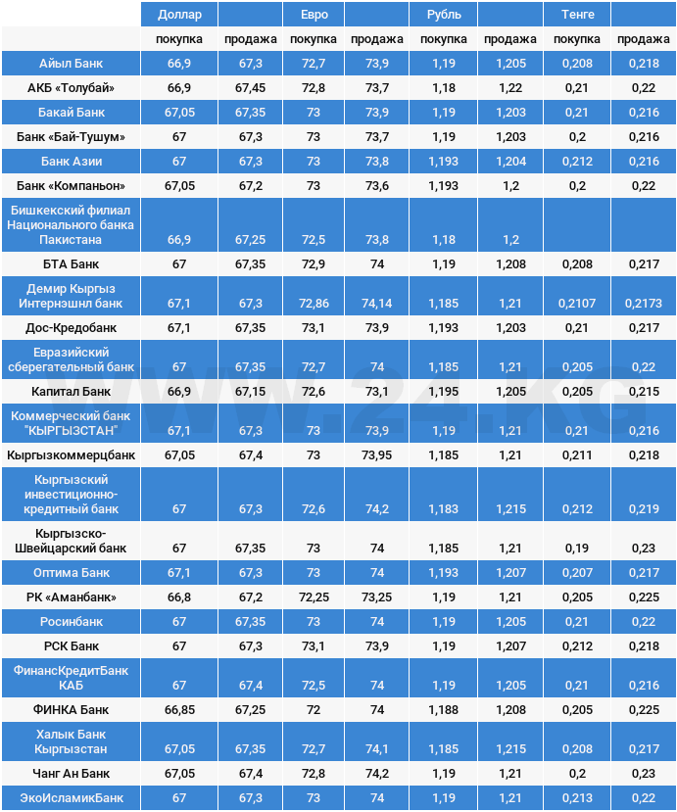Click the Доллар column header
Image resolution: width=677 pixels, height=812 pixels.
179,15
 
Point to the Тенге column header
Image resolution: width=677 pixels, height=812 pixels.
577,15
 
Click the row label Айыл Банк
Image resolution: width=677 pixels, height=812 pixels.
71,63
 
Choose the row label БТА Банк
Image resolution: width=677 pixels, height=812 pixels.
71,264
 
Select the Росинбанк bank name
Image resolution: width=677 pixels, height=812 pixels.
71,622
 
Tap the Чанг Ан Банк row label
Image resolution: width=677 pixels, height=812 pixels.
71,774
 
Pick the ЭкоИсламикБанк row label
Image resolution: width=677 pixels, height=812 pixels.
71,798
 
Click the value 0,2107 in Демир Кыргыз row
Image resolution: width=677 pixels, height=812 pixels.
577,304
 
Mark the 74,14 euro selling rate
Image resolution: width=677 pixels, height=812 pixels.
376,304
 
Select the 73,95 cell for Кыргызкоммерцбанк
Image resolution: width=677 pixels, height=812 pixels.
376,455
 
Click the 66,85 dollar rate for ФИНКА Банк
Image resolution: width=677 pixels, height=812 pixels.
179,709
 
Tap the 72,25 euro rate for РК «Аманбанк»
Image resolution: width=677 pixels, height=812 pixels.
314,597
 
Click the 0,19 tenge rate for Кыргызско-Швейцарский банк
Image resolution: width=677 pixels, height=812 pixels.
577,548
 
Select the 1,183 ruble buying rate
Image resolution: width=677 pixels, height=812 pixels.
444,509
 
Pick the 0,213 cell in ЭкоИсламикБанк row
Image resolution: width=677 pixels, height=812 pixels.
577,798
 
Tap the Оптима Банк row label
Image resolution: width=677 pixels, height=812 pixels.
71,572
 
